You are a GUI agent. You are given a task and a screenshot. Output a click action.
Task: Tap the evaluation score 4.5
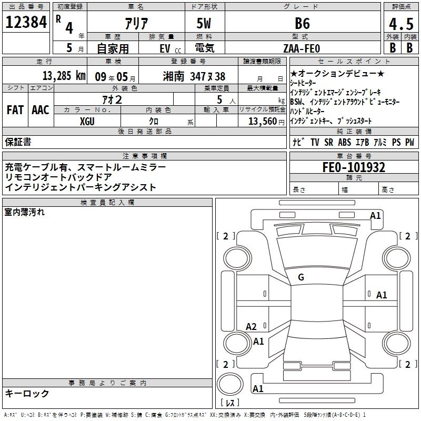click(x=401, y=24)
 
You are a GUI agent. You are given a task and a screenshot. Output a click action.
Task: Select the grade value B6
click(x=302, y=24)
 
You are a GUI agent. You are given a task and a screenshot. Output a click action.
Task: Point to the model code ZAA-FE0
click(x=300, y=48)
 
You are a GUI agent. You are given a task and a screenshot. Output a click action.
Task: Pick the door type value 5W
click(x=204, y=24)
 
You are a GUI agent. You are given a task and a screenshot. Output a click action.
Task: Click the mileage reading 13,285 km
click(x=64, y=76)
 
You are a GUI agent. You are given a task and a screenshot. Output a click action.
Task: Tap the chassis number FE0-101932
click(x=354, y=167)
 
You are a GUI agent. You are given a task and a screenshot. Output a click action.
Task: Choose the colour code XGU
click(x=87, y=121)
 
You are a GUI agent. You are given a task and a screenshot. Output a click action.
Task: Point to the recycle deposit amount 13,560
click(x=262, y=121)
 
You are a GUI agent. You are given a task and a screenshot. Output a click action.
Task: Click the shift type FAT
click(x=15, y=110)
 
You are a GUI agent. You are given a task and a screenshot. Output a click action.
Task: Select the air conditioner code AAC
click(x=41, y=110)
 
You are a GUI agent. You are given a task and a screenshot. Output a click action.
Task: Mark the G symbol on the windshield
click(x=301, y=277)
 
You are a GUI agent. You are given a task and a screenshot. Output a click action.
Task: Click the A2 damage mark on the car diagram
click(x=252, y=326)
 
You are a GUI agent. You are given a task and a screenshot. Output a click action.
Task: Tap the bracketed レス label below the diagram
click(x=230, y=403)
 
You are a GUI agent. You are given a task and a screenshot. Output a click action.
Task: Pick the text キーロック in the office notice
click(x=27, y=393)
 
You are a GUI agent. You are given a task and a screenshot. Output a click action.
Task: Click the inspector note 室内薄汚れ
click(x=25, y=212)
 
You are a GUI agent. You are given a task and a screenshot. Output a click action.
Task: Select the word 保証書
click(x=18, y=142)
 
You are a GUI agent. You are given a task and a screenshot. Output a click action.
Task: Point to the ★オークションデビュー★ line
click(x=337, y=74)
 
